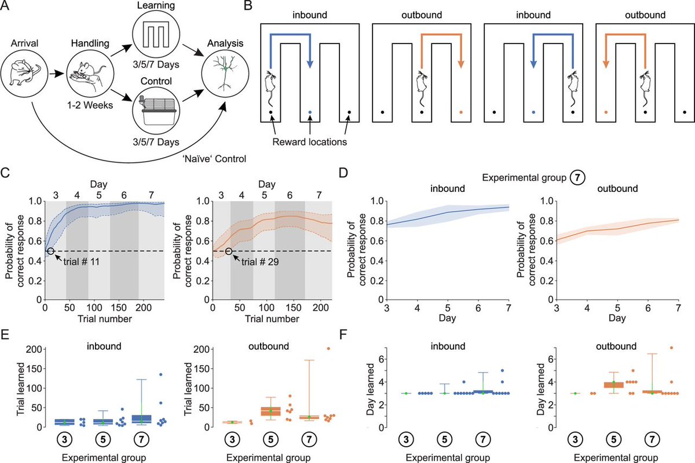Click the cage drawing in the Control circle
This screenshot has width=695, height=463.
[152, 108]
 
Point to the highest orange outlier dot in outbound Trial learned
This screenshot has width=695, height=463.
[328, 348]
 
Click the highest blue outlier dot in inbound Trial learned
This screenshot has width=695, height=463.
[161, 374]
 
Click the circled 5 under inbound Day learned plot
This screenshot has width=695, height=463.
[445, 439]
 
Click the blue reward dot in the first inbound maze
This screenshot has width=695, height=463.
[310, 112]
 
